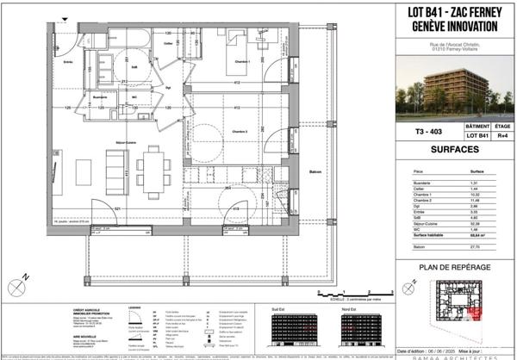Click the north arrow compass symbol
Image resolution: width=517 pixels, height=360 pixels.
(28, 276)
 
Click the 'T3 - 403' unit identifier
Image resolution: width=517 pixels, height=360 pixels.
(420, 133)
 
